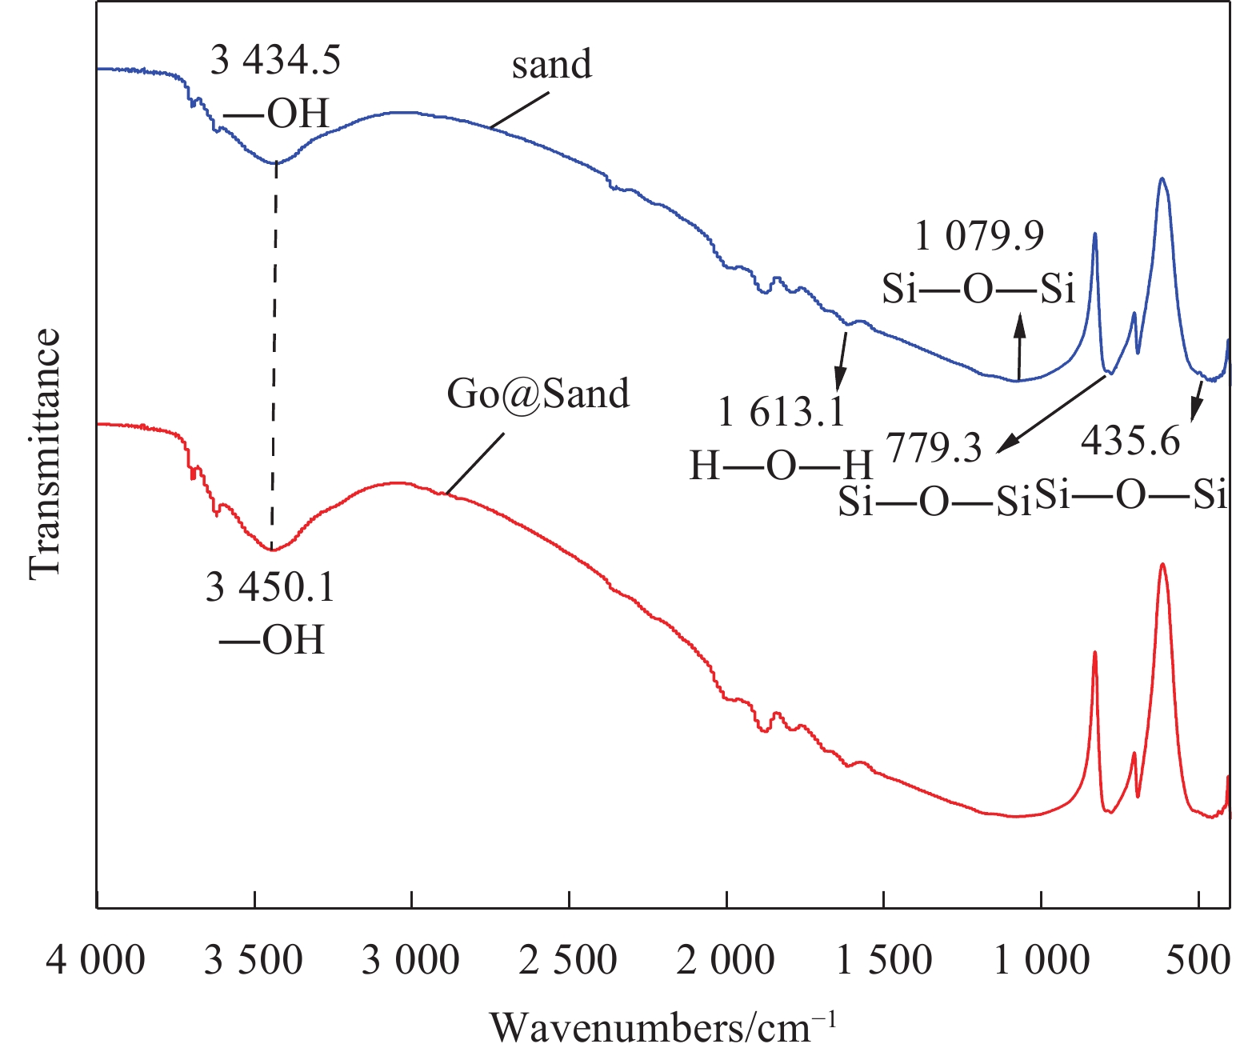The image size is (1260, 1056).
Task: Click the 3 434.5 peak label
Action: coord(275,60)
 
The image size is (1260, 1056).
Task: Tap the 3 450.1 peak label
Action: coord(270,588)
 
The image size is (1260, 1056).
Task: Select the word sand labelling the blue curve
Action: coord(552,64)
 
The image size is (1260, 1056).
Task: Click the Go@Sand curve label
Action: coord(538,394)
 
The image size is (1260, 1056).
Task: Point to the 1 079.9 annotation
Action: coord(979,236)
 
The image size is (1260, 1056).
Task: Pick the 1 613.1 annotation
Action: coord(781,413)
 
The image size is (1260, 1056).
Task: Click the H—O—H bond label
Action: coord(781,465)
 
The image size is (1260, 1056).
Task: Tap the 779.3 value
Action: coord(934,449)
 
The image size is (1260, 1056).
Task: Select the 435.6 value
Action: coord(1130,440)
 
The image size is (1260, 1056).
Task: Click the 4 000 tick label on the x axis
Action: coord(96,960)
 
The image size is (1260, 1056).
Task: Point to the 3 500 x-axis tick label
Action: coord(254,960)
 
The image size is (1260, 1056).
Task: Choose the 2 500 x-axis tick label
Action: coord(568,960)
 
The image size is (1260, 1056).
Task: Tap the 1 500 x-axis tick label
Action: coord(883,960)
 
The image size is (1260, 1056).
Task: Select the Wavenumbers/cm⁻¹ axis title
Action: coord(663,1027)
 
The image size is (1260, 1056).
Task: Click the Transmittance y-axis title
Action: coord(45,453)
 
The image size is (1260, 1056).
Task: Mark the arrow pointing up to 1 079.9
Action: coord(1019,347)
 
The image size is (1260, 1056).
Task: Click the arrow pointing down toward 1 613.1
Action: coord(842,359)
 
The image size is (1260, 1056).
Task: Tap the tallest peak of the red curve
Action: coord(1162,565)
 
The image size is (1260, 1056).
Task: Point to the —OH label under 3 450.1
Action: coord(271,640)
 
